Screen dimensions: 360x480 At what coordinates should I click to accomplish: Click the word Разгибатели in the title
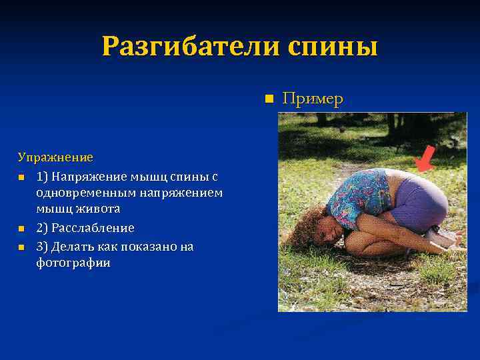click(x=190, y=47)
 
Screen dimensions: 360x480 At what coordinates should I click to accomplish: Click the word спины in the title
click(x=333, y=47)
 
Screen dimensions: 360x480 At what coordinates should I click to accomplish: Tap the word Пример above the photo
click(x=313, y=99)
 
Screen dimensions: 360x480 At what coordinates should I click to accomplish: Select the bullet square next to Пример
click(x=269, y=99)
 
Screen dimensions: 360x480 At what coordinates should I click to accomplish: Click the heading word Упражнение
click(x=55, y=158)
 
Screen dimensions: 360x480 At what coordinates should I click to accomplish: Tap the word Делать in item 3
click(x=72, y=246)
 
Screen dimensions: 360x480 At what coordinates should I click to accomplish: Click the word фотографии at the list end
click(x=73, y=263)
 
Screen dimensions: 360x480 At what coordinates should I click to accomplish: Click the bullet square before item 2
click(x=21, y=229)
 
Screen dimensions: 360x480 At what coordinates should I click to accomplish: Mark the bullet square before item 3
click(x=21, y=247)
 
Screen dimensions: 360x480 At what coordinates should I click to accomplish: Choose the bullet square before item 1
click(x=21, y=177)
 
